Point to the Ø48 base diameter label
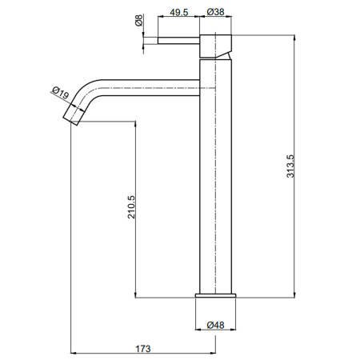pyautogui.click(x=214, y=325)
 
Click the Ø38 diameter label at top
pyautogui.click(x=214, y=12)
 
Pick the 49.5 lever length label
pyautogui.click(x=179, y=12)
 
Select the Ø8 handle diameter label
pyautogui.click(x=139, y=22)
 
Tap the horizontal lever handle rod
pyautogui.click(x=180, y=39)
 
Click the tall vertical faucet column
pyautogui.click(x=214, y=184)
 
